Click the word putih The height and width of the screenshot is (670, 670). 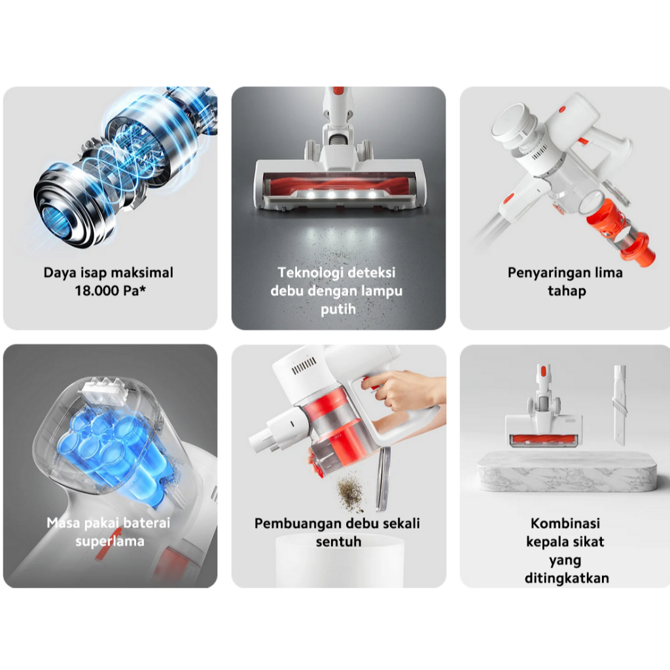point(338,309)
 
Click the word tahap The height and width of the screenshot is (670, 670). point(567,291)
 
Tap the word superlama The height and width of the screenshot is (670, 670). point(110,542)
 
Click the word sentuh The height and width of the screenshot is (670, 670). point(338,542)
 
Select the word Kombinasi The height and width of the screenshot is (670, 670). point(565,523)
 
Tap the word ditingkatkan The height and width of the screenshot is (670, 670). point(567,578)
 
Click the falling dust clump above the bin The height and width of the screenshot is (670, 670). point(351,493)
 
